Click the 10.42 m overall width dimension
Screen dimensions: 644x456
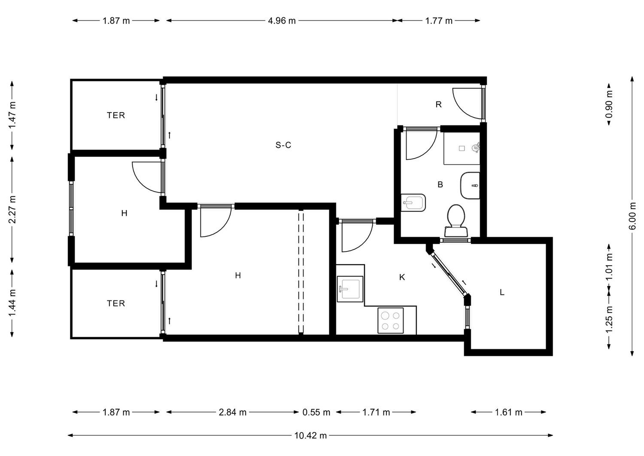coord(310,435)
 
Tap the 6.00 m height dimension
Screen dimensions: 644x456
coord(632,216)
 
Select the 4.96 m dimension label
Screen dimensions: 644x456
coord(282,21)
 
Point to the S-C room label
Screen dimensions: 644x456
coord(283,145)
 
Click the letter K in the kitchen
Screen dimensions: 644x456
coord(402,277)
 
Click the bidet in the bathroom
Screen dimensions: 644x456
coord(413,203)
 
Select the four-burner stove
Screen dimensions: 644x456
coord(390,321)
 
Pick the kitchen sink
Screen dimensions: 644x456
coord(350,289)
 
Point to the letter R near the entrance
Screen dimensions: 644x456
coord(438,104)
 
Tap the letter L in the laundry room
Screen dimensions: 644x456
coord(502,293)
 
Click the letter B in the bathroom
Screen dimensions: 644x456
coord(440,184)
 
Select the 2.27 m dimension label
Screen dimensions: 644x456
coord(12,209)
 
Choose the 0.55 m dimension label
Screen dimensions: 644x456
coord(316,413)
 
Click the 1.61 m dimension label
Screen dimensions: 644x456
coord(508,413)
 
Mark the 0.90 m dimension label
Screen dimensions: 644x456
coord(609,104)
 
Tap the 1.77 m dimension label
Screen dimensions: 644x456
coord(439,21)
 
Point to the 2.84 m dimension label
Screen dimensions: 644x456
coord(233,413)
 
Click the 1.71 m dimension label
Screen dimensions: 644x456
coord(376,413)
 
